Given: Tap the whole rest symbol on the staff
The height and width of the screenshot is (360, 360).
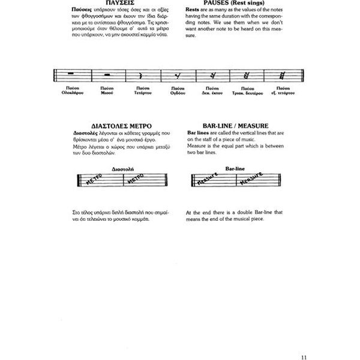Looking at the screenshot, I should [72, 74].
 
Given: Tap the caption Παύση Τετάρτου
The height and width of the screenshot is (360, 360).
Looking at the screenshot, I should [142, 91].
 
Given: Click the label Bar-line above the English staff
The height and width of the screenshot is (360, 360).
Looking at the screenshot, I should [231, 169].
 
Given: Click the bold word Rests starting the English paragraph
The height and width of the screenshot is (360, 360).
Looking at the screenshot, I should [194, 11].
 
